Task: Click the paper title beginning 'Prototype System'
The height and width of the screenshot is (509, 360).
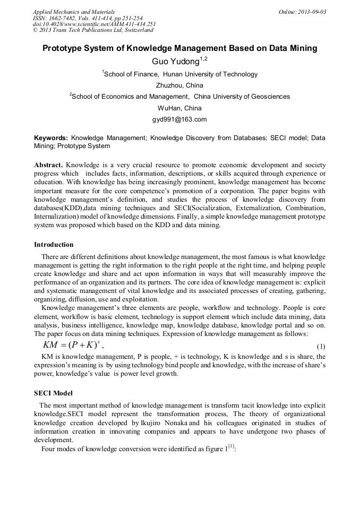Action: pyautogui.click(x=179, y=48)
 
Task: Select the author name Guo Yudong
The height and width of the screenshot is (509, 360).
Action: pyautogui.click(x=175, y=62)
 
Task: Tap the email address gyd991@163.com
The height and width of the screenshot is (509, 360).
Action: pyautogui.click(x=179, y=119)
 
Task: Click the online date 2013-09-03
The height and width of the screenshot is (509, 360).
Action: pyautogui.click(x=302, y=12)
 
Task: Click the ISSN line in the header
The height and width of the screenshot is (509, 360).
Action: pyautogui.click(x=87, y=18)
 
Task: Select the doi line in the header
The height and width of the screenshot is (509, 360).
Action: pyautogui.click(x=94, y=24)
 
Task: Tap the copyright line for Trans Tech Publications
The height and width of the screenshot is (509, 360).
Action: pyautogui.click(x=93, y=30)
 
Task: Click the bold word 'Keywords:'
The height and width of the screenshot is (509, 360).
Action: pyautogui.click(x=51, y=138)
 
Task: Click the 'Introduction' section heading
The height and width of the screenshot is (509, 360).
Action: pyautogui.click(x=54, y=245)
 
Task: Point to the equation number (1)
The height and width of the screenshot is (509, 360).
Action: pyautogui.click(x=321, y=347)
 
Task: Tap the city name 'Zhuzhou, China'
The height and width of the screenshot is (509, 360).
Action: pyautogui.click(x=179, y=85)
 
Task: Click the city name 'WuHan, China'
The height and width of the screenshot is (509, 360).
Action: pyautogui.click(x=179, y=108)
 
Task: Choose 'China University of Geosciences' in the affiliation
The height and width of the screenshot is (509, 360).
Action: pyautogui.click(x=242, y=97)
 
